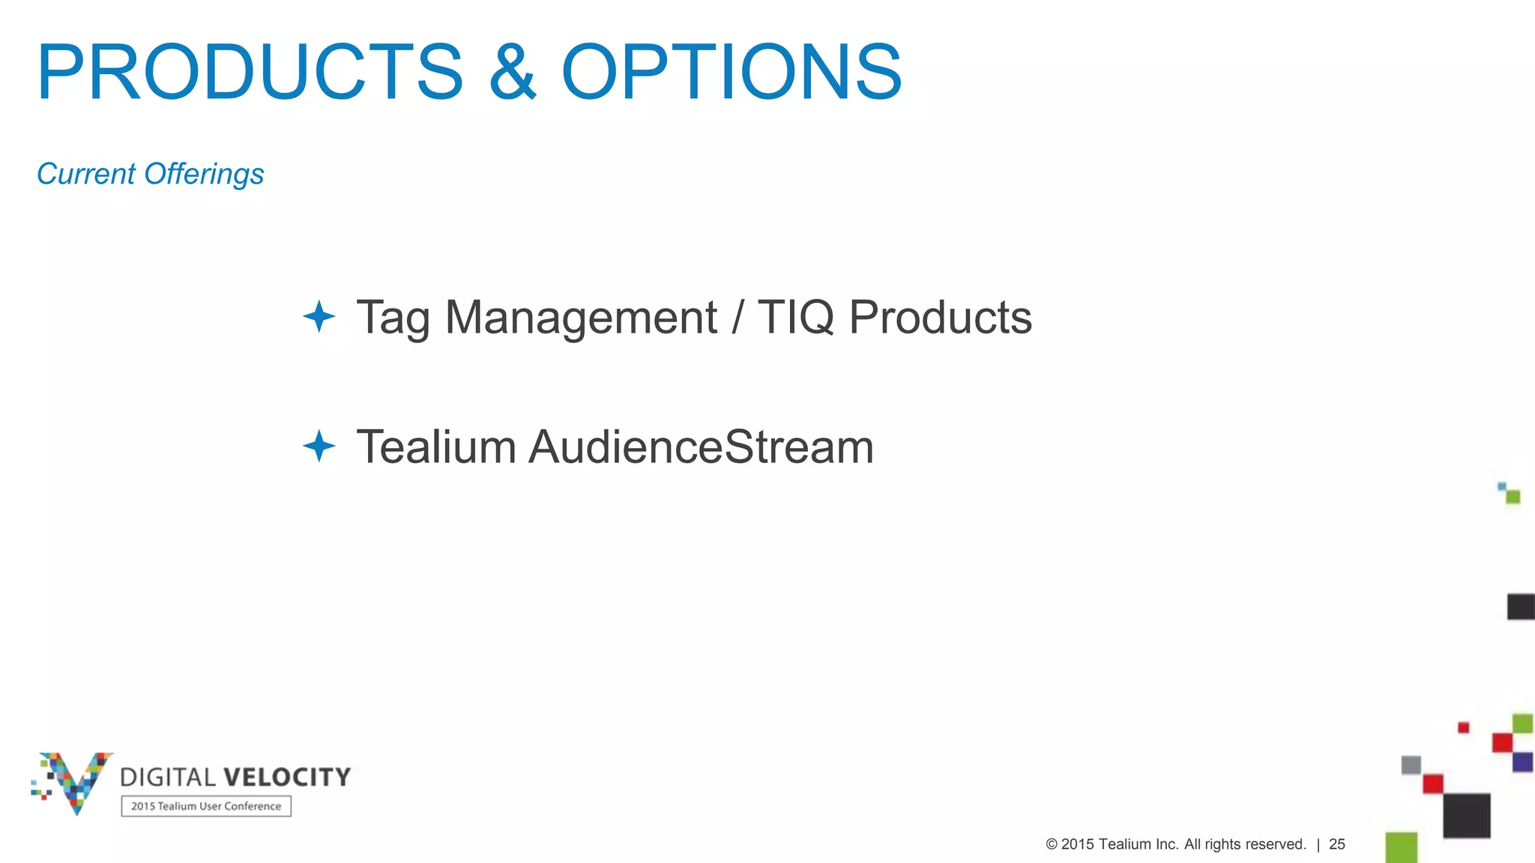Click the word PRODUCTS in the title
[250, 72]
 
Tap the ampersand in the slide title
[513, 72]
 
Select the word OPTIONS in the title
[732, 72]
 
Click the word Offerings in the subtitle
[204, 174]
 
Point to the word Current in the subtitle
[86, 174]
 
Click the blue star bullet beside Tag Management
[319, 316]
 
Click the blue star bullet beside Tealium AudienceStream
[319, 446]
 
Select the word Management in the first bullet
[581, 318]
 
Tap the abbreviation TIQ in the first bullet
[795, 318]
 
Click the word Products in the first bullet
[940, 318]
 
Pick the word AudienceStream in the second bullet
[702, 447]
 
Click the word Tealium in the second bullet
[436, 447]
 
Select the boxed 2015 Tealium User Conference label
[206, 806]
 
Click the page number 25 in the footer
[1337, 844]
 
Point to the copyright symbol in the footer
[1052, 844]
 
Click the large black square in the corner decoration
[1466, 815]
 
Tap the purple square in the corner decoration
[1522, 762]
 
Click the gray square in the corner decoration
[1411, 765]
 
